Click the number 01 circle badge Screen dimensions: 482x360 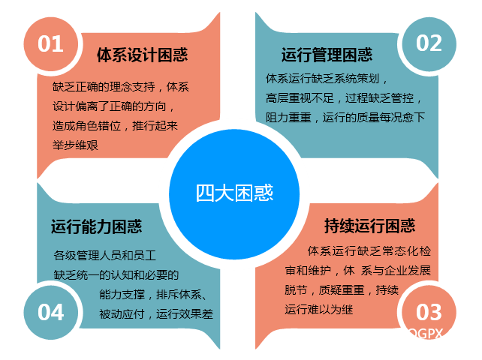(x=50, y=44)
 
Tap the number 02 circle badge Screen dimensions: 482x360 (x=429, y=44)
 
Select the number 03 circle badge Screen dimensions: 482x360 (x=429, y=313)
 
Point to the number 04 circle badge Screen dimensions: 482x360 (x=50, y=313)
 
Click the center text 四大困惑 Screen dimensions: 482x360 (x=234, y=193)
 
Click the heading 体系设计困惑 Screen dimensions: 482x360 (x=143, y=55)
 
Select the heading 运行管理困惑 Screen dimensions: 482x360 (x=327, y=55)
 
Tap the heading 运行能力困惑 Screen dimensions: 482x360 (x=97, y=226)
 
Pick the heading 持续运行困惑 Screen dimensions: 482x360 (x=370, y=226)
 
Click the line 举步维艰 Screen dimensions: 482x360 (x=75, y=145)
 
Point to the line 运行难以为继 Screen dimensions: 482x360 (x=319, y=309)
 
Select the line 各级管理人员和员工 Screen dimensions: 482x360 (x=105, y=255)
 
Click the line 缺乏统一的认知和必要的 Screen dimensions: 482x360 (x=116, y=275)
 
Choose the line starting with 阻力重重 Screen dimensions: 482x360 (x=345, y=117)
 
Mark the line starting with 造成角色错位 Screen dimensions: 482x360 (x=116, y=126)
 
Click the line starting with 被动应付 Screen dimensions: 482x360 (x=156, y=314)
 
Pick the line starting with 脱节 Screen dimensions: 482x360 (x=342, y=289)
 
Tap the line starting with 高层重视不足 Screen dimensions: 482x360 (x=344, y=98)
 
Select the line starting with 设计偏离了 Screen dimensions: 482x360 (x=113, y=106)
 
